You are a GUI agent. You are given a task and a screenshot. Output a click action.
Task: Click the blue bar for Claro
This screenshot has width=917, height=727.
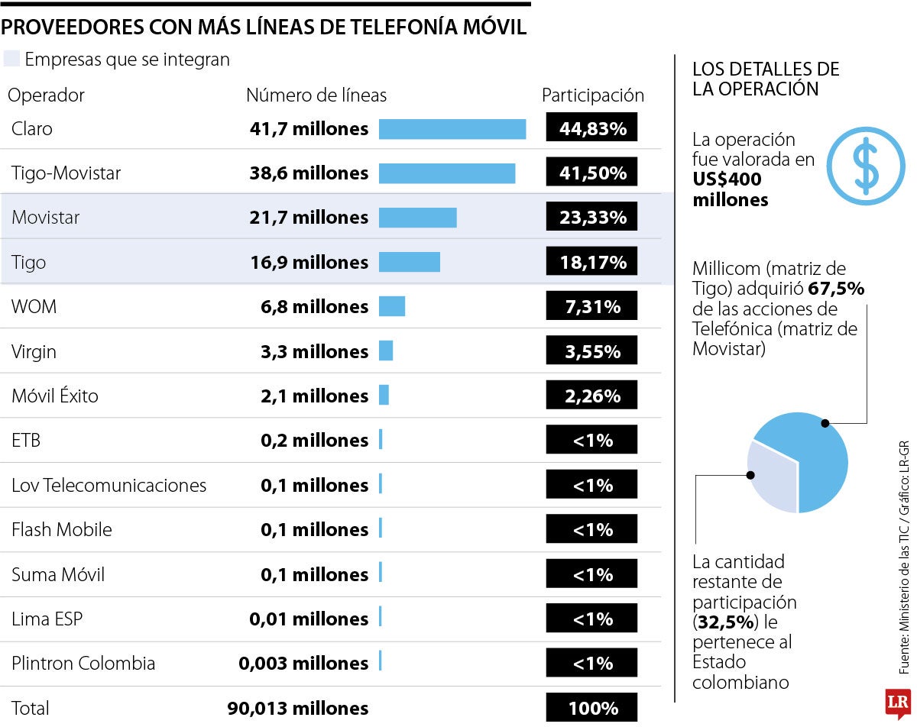coord(452,129)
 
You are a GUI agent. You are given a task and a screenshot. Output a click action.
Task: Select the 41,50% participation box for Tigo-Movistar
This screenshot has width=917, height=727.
coord(591,173)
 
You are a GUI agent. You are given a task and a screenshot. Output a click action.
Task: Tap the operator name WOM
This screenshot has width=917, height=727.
coord(34,307)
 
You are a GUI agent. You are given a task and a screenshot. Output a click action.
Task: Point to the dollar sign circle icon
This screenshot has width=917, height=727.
coord(866,166)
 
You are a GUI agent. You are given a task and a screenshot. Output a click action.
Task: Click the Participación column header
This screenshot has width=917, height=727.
coord(592,95)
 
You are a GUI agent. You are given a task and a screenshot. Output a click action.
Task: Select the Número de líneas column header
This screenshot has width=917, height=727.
coord(316,95)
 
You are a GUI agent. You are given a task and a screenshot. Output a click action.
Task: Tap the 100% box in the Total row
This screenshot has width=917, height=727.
coord(591,708)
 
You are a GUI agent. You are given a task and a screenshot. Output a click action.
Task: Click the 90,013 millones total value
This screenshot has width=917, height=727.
coord(297,708)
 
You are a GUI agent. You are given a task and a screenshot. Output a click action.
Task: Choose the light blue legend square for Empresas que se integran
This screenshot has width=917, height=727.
coord(11,59)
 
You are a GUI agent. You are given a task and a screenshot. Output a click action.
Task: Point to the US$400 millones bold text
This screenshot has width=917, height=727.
coord(730,190)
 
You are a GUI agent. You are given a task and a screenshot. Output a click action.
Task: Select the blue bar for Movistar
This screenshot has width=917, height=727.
coord(417,218)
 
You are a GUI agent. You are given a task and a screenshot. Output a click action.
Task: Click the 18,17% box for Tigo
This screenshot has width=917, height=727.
coord(591,263)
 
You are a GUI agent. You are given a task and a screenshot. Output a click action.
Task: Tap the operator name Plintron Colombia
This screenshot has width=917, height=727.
coord(83,663)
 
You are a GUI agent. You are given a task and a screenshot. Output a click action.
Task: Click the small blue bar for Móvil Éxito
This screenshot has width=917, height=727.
coord(384,396)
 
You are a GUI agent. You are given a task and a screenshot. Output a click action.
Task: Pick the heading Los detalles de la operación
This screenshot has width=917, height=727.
coord(754,79)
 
